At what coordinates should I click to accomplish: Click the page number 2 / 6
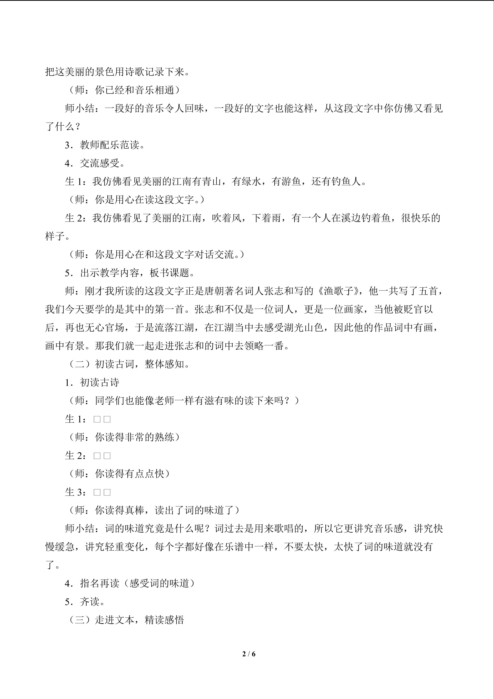pyautogui.click(x=249, y=654)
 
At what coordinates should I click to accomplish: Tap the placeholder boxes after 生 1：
pyautogui.click(x=102, y=419)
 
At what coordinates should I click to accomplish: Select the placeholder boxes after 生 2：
pyautogui.click(x=102, y=456)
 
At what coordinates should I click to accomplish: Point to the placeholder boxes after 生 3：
pyautogui.click(x=102, y=492)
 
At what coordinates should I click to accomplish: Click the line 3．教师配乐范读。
pyautogui.click(x=105, y=145)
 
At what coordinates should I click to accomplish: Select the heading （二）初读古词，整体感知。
pyautogui.click(x=129, y=364)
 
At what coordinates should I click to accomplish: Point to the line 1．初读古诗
pyautogui.click(x=92, y=382)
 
